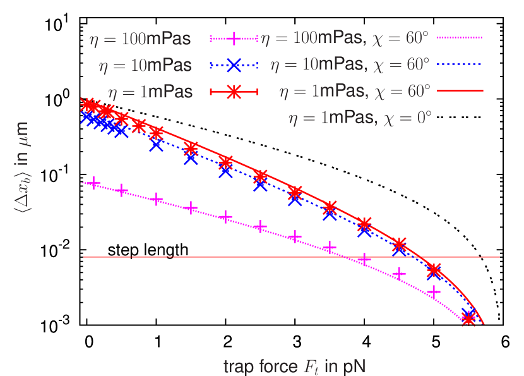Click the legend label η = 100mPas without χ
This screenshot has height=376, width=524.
[x=140, y=39]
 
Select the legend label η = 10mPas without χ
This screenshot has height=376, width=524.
[x=145, y=65]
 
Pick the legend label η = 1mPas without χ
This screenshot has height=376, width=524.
[x=150, y=92]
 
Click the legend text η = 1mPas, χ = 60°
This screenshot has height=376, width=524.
[x=354, y=91]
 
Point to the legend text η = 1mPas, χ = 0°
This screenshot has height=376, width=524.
[x=360, y=117]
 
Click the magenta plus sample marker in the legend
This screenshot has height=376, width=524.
[x=234, y=39]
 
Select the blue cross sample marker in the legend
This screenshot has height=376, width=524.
[x=234, y=65]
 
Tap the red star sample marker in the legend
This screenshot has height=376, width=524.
[x=234, y=92]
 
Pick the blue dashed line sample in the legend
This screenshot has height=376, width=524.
[x=460, y=64]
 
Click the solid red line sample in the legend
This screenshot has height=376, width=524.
[x=460, y=91]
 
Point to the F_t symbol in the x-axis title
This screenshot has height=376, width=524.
[x=311, y=367]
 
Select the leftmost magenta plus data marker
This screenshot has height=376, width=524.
[x=93, y=183]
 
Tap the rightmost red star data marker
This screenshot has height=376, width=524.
[x=468, y=318]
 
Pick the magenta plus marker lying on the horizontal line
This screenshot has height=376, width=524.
[x=364, y=259]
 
